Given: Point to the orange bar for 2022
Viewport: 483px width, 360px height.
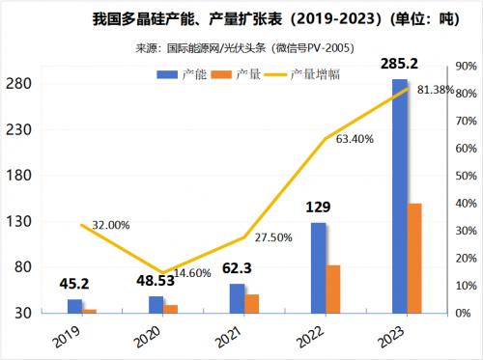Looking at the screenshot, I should [333, 289].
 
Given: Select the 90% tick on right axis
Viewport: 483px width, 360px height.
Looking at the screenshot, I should [459, 67].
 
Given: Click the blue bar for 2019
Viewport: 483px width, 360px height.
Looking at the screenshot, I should [74, 306].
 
